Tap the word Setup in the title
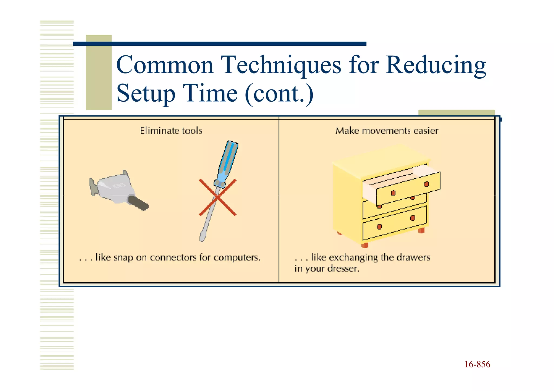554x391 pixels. (146, 94)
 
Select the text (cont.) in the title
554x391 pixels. (279, 94)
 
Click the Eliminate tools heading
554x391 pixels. (171, 131)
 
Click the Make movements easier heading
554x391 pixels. (387, 131)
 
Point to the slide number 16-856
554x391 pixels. (477, 364)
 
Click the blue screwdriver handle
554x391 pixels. (227, 162)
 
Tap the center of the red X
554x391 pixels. (218, 198)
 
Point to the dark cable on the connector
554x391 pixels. (138, 203)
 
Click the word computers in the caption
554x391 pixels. (237, 258)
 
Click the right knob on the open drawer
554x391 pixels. (426, 184)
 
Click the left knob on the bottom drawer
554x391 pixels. (379, 226)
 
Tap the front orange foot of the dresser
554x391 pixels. (365, 245)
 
